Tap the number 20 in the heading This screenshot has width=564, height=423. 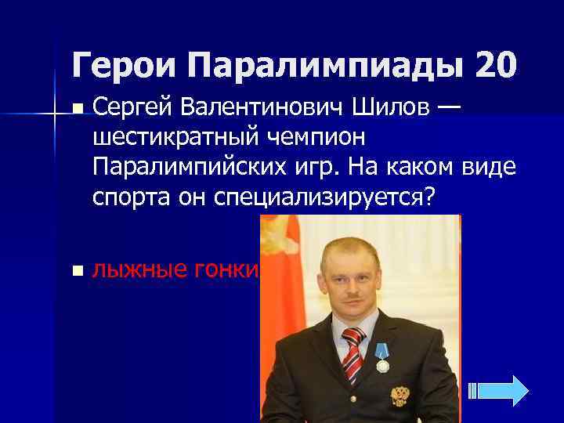coord(495,65)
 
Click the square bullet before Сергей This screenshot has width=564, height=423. coord(75,107)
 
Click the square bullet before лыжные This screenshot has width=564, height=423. coord(75,271)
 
